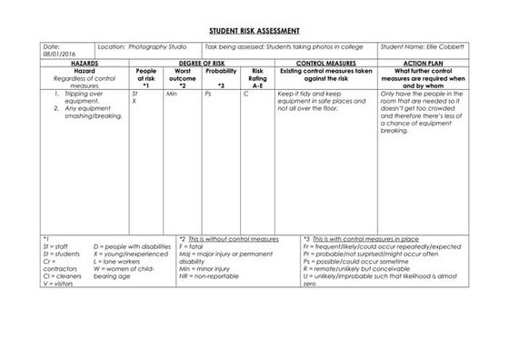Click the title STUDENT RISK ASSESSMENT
[x=254, y=30]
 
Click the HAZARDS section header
[x=83, y=63]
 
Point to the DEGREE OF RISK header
[x=201, y=63]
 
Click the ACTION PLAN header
[x=423, y=63]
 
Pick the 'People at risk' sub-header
[x=145, y=77]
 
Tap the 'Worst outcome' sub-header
[x=182, y=77]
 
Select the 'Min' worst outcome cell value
[x=171, y=94]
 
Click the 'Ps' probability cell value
[x=208, y=94]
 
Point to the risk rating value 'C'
[x=246, y=94]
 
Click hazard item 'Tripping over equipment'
[x=82, y=97]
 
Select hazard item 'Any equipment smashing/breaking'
[x=85, y=113]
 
